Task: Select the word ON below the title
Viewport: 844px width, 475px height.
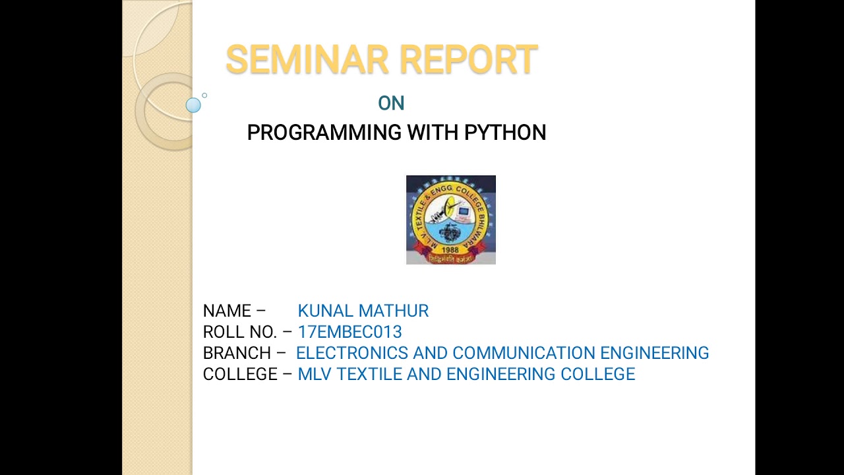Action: (391, 104)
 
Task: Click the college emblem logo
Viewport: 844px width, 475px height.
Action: (450, 220)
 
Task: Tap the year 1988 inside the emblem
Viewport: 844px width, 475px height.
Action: (450, 250)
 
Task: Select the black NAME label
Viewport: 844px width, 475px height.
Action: (227, 311)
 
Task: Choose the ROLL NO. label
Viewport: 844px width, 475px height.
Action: (240, 332)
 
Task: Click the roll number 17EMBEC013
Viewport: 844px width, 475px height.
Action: (349, 332)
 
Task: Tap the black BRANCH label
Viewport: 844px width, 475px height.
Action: (237, 353)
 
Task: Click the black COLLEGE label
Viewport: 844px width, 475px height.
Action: (240, 374)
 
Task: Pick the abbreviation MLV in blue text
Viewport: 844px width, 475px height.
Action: (315, 374)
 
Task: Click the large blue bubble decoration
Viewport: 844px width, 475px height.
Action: (193, 106)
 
